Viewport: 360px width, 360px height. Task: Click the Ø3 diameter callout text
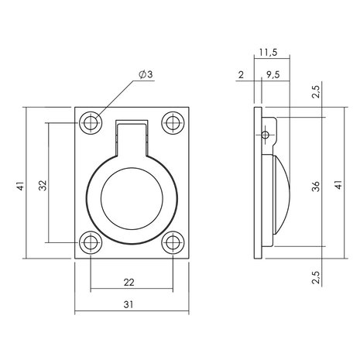pos(145,74)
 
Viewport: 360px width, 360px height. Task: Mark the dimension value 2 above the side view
pos(242,75)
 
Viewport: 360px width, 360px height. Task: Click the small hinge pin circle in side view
pos(266,134)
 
